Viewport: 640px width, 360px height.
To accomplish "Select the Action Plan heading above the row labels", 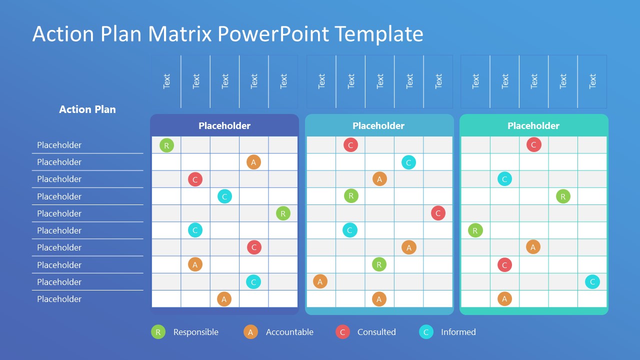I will (x=87, y=109).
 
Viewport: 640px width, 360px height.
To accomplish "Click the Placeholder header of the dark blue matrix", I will (x=224, y=126).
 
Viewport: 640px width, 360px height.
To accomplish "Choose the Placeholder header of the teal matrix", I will (x=533, y=126).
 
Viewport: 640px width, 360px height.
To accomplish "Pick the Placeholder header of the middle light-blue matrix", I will (x=378, y=126).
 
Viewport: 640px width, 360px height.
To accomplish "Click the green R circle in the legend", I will (x=158, y=332).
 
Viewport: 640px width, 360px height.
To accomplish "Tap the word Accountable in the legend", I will (x=289, y=332).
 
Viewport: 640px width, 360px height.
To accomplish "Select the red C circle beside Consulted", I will (x=342, y=332).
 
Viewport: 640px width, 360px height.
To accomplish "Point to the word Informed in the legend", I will (x=458, y=332).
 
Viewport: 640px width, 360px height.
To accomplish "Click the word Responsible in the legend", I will (x=195, y=332).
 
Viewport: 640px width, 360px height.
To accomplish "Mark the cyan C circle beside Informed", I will (x=426, y=332).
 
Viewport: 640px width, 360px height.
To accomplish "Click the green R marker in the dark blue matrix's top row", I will (x=166, y=145).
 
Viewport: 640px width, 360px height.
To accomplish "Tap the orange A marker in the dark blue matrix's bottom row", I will (x=224, y=299).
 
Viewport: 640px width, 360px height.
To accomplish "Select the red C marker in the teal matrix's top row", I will (x=533, y=145).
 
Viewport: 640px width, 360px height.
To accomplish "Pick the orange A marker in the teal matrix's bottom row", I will (x=504, y=299).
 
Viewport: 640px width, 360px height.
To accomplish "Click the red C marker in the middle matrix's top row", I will (x=350, y=145).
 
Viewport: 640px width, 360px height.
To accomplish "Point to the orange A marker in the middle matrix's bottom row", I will (x=379, y=299).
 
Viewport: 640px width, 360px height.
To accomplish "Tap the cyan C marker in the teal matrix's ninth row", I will (x=592, y=282).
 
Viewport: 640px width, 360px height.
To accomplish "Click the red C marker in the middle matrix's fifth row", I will (x=438, y=213).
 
